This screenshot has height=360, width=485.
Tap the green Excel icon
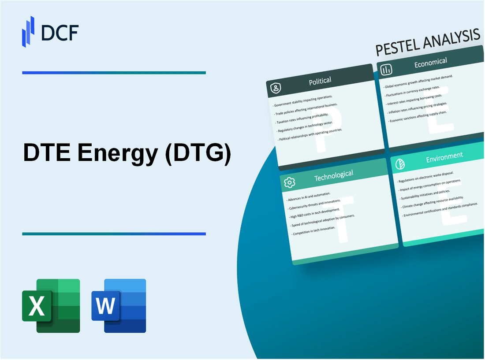tap(51, 305)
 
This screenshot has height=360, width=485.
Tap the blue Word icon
tap(119, 305)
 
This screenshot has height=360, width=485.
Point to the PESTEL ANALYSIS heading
tap(427, 43)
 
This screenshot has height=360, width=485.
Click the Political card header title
tap(320, 81)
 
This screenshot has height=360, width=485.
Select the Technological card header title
tap(333, 175)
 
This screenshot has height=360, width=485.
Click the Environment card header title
tap(444, 155)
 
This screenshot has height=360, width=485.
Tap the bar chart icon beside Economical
tap(387, 70)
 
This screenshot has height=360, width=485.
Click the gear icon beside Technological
tap(290, 182)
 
